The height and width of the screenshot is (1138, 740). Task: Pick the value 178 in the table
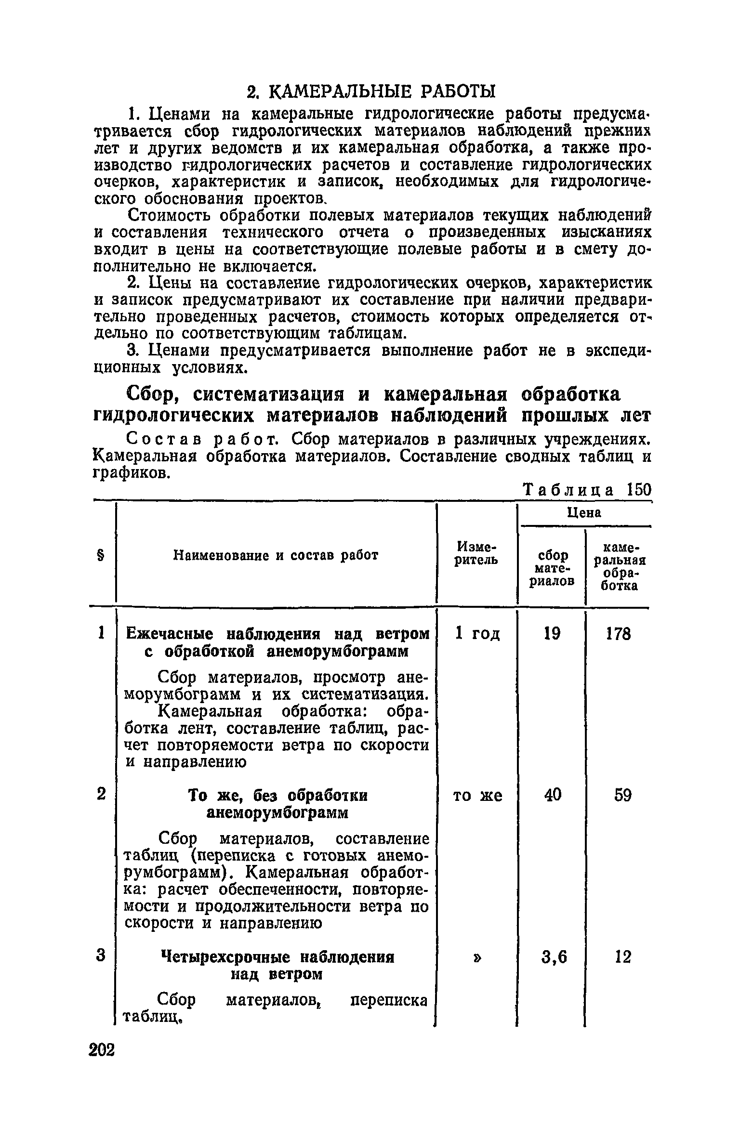click(x=618, y=634)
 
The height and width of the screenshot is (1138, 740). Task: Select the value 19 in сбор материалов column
click(x=552, y=634)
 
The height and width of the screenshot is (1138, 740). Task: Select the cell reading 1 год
click(x=477, y=634)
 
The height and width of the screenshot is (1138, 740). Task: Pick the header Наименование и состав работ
click(x=276, y=556)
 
